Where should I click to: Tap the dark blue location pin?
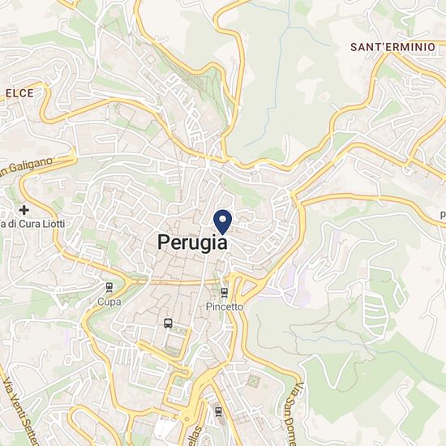click(222, 220)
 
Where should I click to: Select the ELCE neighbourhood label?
click(19, 93)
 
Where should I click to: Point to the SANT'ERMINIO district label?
click(392, 47)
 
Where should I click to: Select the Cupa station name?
click(109, 302)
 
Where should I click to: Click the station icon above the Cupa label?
click(109, 287)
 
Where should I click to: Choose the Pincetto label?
click(225, 307)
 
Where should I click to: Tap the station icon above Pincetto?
click(225, 293)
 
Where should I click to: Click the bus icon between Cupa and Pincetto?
click(168, 323)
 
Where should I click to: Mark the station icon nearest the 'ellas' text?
click(217, 410)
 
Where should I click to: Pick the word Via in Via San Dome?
click(299, 392)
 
